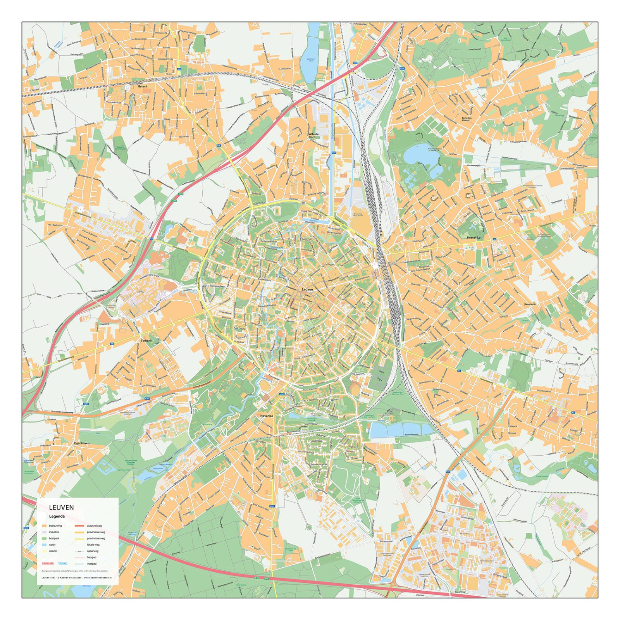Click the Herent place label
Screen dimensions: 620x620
[142, 86]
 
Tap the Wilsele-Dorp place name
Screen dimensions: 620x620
[314, 136]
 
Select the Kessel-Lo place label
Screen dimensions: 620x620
[473, 237]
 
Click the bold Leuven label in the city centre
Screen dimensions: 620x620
[307, 289]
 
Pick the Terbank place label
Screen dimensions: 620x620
[146, 341]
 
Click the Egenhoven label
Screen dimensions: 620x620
[82, 443]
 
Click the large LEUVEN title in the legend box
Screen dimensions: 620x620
[61, 507]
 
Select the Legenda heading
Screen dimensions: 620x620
[57, 516]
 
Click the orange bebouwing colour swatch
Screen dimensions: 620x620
[44, 526]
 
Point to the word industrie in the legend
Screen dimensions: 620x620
[54, 532]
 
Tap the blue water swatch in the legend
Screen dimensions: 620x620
[44, 545]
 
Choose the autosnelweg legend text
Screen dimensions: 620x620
[94, 526]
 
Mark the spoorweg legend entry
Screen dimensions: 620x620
[93, 551]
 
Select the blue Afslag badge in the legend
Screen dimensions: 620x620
[62, 563]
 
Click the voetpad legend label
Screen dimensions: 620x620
[92, 563]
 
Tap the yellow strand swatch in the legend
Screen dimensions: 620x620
[44, 551]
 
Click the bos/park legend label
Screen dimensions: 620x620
[54, 539]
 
